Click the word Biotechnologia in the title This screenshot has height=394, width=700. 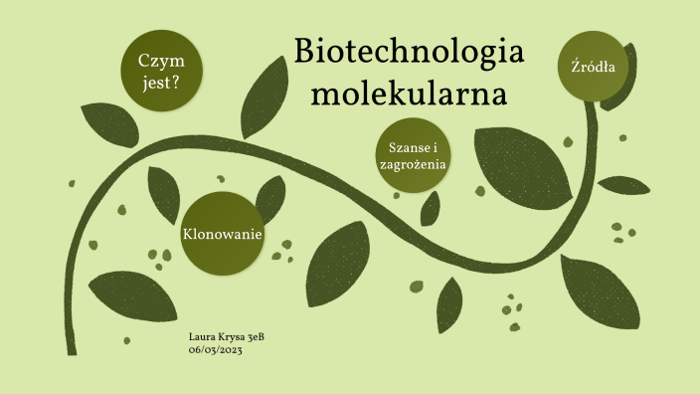(410, 53)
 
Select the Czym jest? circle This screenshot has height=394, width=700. (159, 72)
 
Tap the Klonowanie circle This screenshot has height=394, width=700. (222, 234)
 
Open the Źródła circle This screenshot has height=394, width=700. (594, 68)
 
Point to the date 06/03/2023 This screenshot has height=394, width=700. (215, 349)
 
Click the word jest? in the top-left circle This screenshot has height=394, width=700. (159, 84)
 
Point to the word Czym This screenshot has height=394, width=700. (159, 61)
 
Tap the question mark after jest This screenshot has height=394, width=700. (176, 84)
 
